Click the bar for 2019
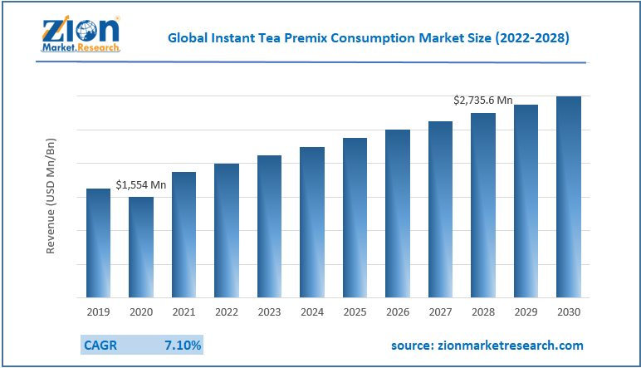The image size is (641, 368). click(x=98, y=243)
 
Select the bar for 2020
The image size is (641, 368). click(x=141, y=247)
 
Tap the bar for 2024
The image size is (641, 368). click(x=312, y=222)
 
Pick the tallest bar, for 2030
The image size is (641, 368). click(x=568, y=197)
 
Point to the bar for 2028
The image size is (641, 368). click(x=483, y=205)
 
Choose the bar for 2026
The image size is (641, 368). click(x=398, y=213)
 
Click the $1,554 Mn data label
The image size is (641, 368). click(x=141, y=184)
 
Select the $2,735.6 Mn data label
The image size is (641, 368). click(x=482, y=100)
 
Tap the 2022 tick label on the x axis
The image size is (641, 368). click(x=227, y=312)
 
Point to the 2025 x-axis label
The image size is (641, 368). click(x=355, y=312)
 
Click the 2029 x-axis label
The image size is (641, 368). click(x=526, y=312)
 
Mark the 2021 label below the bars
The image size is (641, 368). click(x=183, y=312)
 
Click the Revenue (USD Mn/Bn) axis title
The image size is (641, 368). click(x=51, y=197)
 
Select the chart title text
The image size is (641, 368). click(x=368, y=37)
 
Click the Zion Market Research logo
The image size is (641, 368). click(x=80, y=33)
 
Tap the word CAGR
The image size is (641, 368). click(x=101, y=345)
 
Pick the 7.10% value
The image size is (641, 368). click(x=183, y=345)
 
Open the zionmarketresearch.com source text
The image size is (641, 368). click(x=487, y=345)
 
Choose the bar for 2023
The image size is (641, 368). click(x=269, y=226)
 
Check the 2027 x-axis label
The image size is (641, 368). click(x=440, y=312)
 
